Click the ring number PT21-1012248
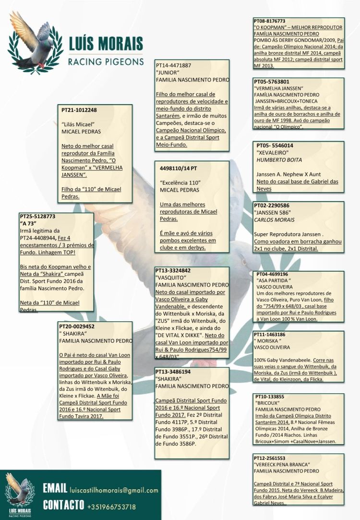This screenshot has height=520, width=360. pyautogui.click(x=79, y=110)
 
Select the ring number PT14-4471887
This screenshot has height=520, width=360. pyautogui.click(x=174, y=65)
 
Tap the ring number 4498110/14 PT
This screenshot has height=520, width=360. pyautogui.click(x=178, y=169)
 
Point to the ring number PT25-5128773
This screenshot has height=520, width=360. pyautogui.click(x=38, y=217)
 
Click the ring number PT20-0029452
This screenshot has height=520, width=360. pyautogui.click(x=76, y=327)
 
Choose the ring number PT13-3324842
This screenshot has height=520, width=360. pyautogui.click(x=174, y=270)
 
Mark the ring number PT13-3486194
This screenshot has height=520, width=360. pyautogui.click(x=174, y=372)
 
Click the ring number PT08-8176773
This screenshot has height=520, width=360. pyautogui.click(x=269, y=21)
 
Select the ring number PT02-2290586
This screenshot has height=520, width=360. pyautogui.click(x=272, y=206)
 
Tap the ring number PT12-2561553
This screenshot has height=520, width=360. pyautogui.click(x=269, y=458)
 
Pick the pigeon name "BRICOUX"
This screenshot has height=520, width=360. pyautogui.click(x=268, y=403)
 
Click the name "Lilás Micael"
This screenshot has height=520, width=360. pyautogui.click(x=79, y=124)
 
